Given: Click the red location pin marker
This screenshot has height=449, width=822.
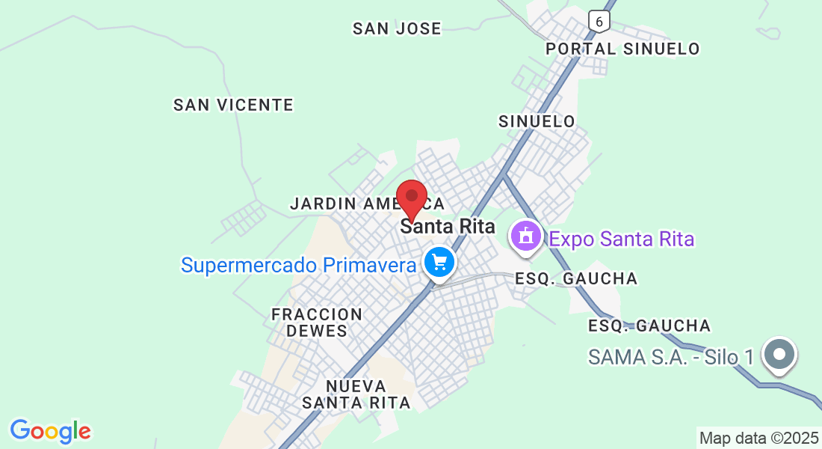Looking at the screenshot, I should (411, 198).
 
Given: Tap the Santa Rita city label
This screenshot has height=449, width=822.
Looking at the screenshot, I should (448, 226).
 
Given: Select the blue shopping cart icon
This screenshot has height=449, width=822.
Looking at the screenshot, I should (439, 263).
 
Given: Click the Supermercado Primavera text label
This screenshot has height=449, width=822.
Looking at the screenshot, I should (298, 265).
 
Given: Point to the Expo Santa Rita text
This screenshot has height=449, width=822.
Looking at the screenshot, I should (622, 239).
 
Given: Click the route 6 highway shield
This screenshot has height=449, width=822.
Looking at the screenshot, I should (599, 21).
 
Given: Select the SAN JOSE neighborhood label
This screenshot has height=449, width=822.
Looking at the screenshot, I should (397, 28).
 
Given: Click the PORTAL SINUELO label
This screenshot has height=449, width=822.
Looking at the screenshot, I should (622, 49).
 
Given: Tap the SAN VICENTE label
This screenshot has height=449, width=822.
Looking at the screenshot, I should (233, 105).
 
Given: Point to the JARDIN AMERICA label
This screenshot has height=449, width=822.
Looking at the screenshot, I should (366, 204).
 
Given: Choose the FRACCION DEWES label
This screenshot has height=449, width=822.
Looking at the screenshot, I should (317, 322).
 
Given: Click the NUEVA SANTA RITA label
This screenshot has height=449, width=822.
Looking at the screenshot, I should (356, 394).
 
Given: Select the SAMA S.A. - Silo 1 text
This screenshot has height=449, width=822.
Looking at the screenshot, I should (671, 357).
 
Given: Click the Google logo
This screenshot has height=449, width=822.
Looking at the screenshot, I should (50, 431).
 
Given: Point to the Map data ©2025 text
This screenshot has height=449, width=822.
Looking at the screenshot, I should (758, 438).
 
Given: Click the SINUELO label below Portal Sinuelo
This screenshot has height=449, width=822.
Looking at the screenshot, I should (537, 121).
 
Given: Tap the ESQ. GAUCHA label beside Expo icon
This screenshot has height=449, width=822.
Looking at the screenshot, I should (576, 278).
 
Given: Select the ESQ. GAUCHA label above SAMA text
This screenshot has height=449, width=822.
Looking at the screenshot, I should (649, 326).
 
